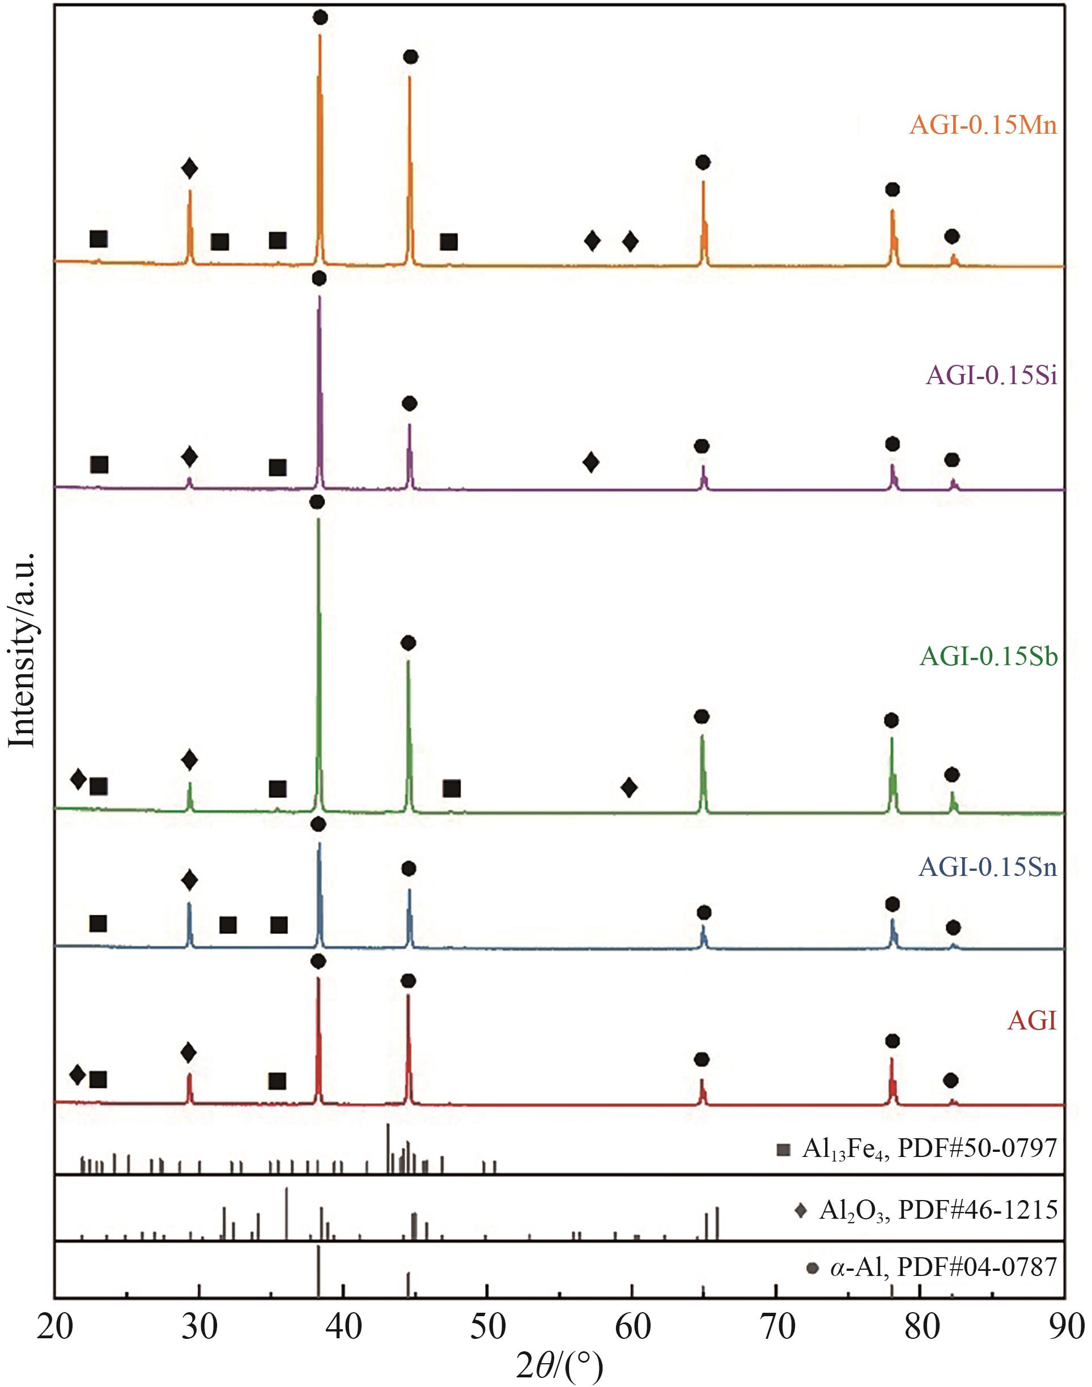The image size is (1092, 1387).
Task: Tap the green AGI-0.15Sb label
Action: tap(988, 657)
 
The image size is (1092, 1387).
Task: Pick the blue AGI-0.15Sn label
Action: tap(988, 868)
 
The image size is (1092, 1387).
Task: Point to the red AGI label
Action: tap(1032, 1021)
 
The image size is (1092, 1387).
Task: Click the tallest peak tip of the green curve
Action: tap(318, 519)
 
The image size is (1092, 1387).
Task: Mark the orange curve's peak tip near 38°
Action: tap(320, 35)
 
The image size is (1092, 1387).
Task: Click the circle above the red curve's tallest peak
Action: tap(318, 961)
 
